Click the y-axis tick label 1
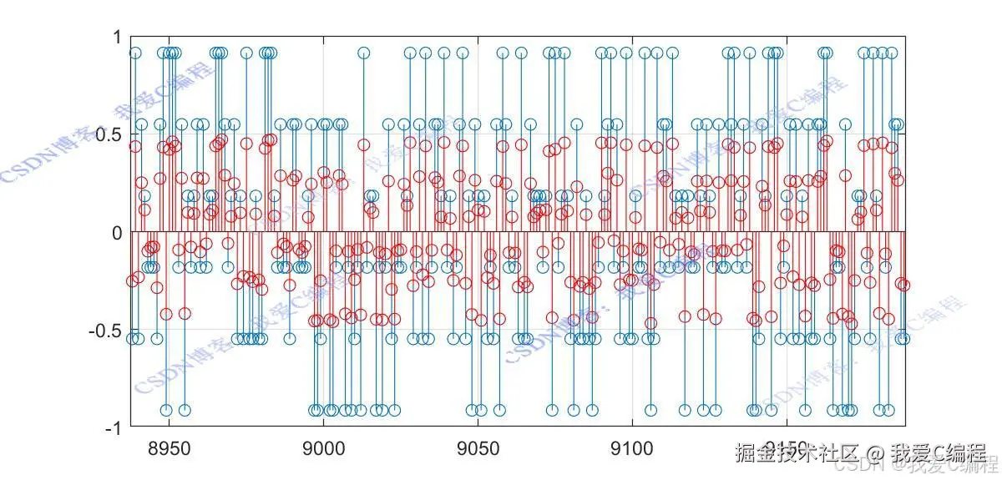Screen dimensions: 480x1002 tap(116, 38)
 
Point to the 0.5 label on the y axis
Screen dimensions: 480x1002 tap(108, 134)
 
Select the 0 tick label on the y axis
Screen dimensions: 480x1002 tap(116, 232)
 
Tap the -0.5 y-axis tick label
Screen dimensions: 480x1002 tap(104, 330)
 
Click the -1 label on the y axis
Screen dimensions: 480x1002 tap(112, 427)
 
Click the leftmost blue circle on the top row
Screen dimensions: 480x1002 tap(135, 53)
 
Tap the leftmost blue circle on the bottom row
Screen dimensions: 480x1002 tap(166, 410)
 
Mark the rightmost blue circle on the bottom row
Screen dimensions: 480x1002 tap(889, 410)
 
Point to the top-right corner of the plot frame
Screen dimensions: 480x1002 tap(906, 37)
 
